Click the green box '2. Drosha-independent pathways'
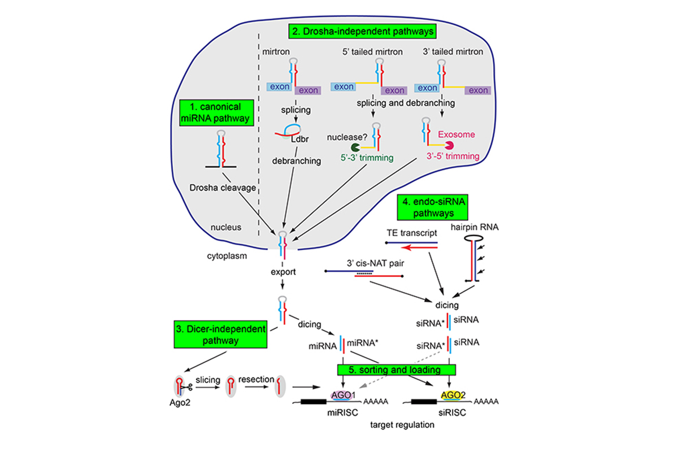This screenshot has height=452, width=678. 364,30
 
